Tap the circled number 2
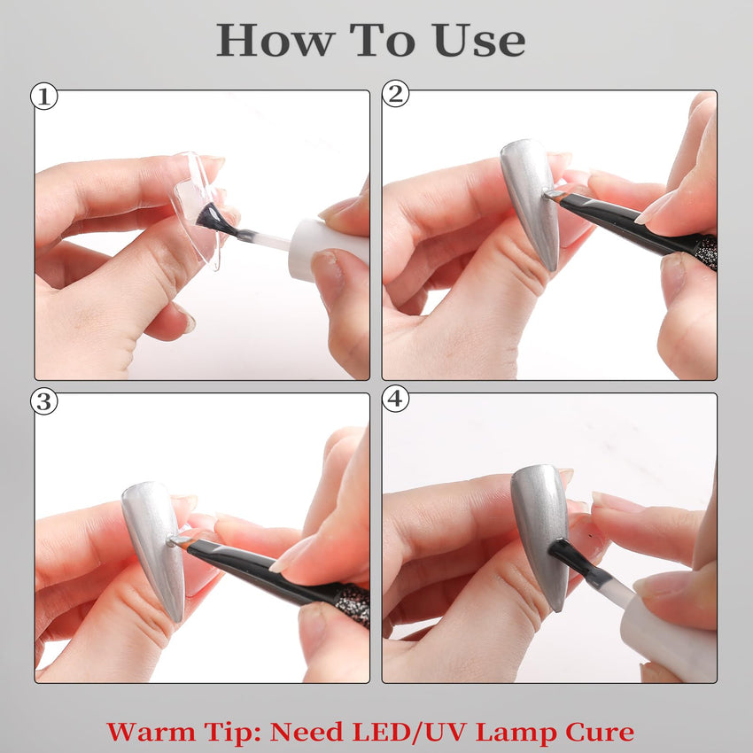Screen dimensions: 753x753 point(396,93)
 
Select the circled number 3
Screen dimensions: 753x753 point(44,401)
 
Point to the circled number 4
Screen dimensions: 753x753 point(396,398)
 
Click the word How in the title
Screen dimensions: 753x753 point(276,40)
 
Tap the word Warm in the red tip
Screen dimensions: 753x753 point(151,733)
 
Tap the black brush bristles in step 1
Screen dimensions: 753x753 point(212,220)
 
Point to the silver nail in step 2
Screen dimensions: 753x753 point(530,202)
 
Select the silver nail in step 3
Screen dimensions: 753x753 point(153,549)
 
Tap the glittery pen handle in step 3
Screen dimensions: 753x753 point(353,602)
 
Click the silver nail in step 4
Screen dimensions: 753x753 point(540,535)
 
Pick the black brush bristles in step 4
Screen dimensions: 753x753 point(568,558)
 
